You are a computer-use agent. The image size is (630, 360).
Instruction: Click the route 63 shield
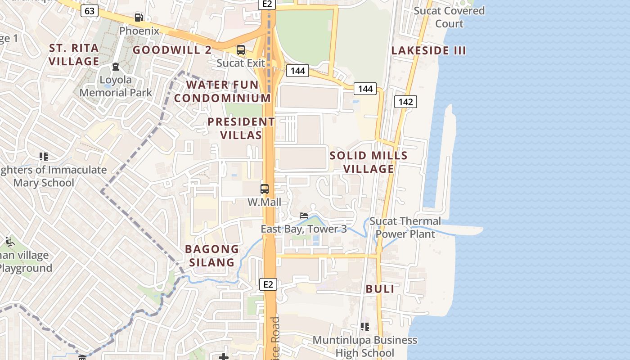(90, 10)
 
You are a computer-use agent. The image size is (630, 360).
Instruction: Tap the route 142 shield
(405, 102)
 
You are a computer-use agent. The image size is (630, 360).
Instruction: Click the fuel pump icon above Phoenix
(139, 18)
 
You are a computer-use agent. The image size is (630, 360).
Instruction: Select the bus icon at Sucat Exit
(241, 50)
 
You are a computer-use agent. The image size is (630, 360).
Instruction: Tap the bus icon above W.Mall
(265, 189)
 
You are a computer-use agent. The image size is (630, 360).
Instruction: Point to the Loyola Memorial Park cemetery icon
(116, 67)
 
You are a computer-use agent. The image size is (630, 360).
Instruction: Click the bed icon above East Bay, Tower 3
(304, 216)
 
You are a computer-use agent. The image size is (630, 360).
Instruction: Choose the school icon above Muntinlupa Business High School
(365, 326)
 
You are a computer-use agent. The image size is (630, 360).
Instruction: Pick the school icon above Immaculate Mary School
(44, 157)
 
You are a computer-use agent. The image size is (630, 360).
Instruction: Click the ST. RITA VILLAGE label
(74, 54)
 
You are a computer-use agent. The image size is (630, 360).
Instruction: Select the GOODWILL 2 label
(172, 50)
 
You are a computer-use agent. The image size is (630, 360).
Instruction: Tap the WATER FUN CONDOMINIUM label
(223, 91)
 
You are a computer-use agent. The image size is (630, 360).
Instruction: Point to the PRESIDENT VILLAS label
(241, 128)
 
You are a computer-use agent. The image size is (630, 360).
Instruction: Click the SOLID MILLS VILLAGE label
(369, 162)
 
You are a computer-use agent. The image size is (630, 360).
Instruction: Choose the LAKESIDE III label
(428, 50)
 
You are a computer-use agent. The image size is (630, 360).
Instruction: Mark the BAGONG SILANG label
(212, 256)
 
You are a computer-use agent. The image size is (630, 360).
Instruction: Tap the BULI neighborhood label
(380, 289)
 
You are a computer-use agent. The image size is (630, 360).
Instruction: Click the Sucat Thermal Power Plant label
(405, 227)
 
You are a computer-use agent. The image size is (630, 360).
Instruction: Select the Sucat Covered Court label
(449, 17)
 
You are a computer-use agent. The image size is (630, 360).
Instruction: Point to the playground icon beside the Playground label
(9, 242)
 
